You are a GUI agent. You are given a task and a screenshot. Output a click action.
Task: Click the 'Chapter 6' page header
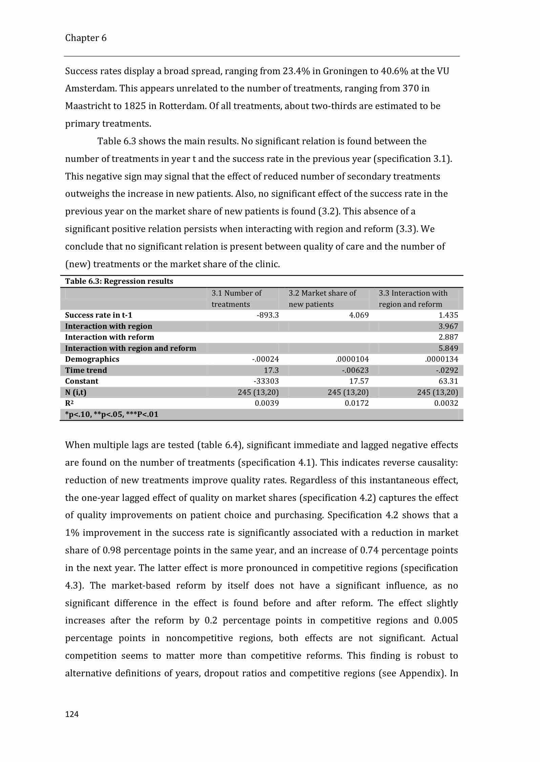(x=86, y=38)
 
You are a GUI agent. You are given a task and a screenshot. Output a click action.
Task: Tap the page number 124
(x=72, y=714)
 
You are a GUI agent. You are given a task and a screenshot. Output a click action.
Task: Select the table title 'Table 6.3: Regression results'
(x=119, y=281)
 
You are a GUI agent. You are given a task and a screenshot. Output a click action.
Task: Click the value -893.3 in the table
(x=268, y=315)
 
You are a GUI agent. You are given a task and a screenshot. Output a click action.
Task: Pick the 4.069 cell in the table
(x=359, y=315)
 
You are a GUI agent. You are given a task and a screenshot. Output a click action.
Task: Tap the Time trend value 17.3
(x=271, y=370)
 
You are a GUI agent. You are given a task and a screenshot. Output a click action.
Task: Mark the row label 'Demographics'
(x=92, y=359)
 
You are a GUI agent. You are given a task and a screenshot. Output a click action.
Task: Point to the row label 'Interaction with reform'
(x=109, y=337)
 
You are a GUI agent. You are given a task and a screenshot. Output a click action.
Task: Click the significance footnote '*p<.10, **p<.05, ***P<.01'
(x=111, y=415)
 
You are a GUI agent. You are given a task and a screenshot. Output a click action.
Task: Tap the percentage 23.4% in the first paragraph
(x=296, y=71)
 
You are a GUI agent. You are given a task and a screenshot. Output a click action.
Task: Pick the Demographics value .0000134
(x=441, y=359)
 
